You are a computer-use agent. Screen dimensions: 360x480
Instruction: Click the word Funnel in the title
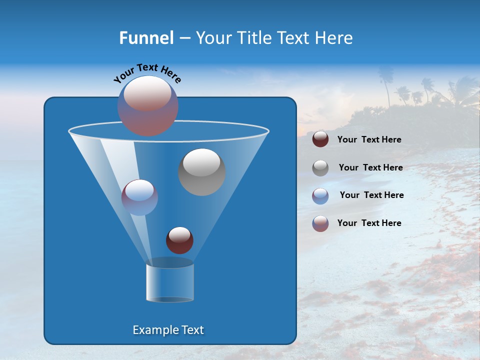[x=146, y=38]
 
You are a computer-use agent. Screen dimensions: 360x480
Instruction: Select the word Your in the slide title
[x=213, y=38]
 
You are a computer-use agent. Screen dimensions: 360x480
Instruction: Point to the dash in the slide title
[x=184, y=38]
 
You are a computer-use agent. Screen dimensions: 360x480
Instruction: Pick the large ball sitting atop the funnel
[x=148, y=105]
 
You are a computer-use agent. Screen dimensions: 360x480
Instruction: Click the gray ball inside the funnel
[x=201, y=172]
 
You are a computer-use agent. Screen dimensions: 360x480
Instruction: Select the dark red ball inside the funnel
[x=179, y=240]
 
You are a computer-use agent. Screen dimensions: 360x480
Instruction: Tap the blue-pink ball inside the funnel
[x=139, y=197]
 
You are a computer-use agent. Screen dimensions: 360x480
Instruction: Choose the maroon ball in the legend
[x=320, y=139]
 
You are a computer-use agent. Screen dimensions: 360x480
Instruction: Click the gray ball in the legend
[x=320, y=168]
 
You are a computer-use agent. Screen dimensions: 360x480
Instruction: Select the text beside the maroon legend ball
[x=369, y=140]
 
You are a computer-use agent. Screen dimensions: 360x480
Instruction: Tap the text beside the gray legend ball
[x=370, y=168]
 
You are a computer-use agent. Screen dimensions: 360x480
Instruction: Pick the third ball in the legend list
[x=320, y=196]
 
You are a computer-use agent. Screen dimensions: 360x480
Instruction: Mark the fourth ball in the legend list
[x=320, y=223]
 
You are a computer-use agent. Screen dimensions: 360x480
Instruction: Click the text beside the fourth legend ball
[x=369, y=223]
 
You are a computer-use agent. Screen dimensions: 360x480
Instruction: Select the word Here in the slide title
[x=334, y=38]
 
